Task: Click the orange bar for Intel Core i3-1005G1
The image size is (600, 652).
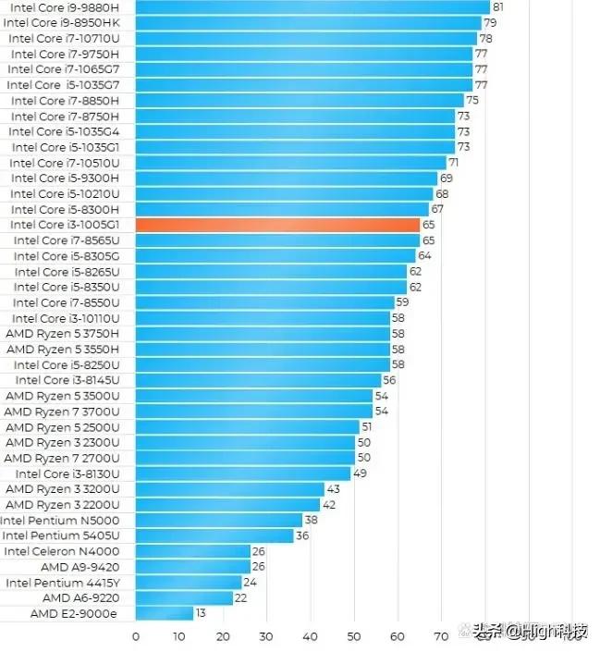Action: pos(278,225)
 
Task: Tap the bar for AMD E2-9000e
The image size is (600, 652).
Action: pos(165,613)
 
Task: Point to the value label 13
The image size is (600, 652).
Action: pos(201,613)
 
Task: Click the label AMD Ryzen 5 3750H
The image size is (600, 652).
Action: pos(62,333)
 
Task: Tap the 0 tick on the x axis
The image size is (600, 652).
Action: pos(136,636)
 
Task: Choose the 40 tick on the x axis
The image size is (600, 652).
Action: pos(310,636)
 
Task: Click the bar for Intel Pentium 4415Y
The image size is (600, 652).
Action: pos(189,583)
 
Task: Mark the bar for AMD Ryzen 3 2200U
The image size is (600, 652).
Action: pos(227,505)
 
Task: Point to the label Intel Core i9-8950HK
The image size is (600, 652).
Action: pos(62,22)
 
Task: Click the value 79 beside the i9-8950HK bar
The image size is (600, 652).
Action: pos(490,22)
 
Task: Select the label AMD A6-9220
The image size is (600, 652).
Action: pos(80,597)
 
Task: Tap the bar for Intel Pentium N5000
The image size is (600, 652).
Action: pos(219,520)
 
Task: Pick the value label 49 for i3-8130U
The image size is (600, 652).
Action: pos(360,474)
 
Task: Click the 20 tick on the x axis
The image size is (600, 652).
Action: pos(223,636)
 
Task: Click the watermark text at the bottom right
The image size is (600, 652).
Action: pos(531,633)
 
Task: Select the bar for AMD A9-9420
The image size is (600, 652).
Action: pos(193,567)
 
